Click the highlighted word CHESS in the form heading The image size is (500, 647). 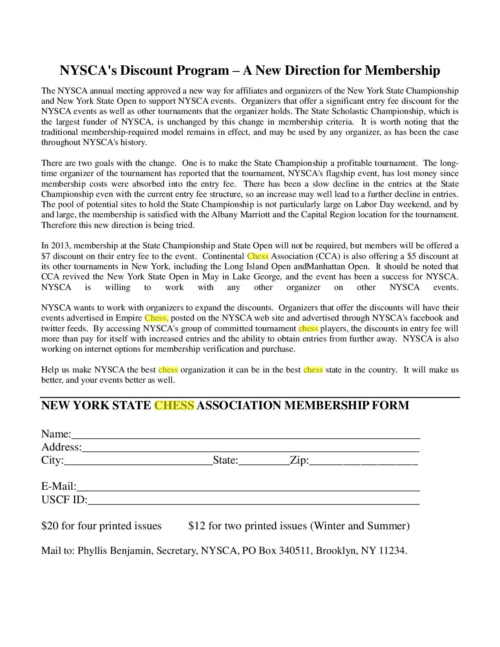[174, 405]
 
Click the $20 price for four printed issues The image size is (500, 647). [49, 526]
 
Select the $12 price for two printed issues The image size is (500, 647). [197, 526]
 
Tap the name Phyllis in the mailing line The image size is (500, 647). [92, 551]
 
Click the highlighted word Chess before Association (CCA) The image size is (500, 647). [258, 257]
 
